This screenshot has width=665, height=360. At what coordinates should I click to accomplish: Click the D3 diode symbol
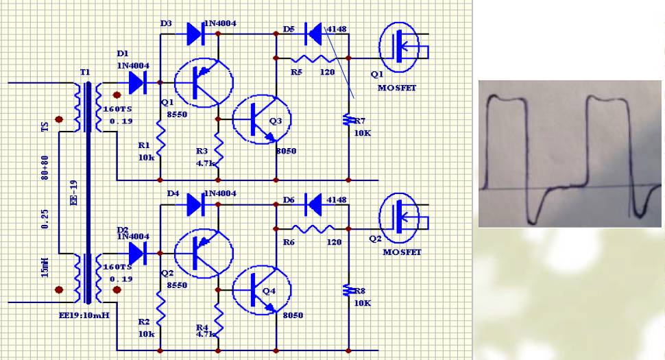click(193, 31)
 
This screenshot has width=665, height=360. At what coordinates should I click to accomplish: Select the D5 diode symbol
click(313, 32)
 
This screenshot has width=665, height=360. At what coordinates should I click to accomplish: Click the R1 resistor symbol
click(160, 140)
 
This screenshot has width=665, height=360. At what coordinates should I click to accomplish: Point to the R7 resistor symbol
click(348, 122)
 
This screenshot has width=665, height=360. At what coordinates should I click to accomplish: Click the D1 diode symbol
click(138, 82)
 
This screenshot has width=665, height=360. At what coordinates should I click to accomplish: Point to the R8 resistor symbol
click(348, 291)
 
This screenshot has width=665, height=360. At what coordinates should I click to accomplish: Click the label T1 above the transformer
click(84, 72)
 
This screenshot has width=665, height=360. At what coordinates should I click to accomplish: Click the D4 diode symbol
click(194, 203)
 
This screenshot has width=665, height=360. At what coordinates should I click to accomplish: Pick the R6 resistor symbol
click(311, 229)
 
